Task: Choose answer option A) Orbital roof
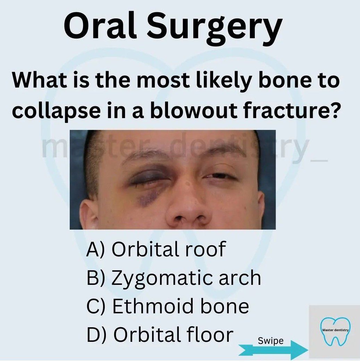coord(156,249)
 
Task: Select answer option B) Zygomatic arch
coord(174,278)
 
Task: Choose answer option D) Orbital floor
coord(160,334)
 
